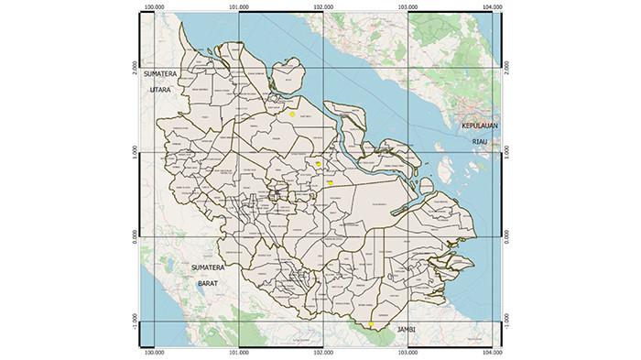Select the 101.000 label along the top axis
coord(238,7)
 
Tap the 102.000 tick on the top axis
coord(321,7)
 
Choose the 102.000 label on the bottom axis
coord(321,351)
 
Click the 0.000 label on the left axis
coord(135,236)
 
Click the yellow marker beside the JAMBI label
coord(372,325)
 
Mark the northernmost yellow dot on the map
coord(292,115)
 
